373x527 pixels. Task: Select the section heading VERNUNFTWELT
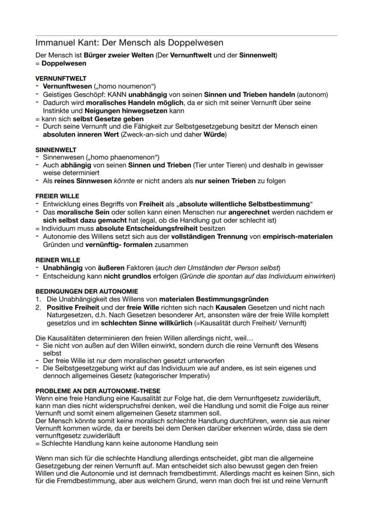click(61, 78)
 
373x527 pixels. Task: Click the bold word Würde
click(215, 135)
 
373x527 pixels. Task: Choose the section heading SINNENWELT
click(56, 149)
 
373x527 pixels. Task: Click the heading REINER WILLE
click(58, 260)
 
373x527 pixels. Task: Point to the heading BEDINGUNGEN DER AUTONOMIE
click(87, 292)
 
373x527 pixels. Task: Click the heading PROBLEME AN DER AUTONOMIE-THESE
click(98, 391)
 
